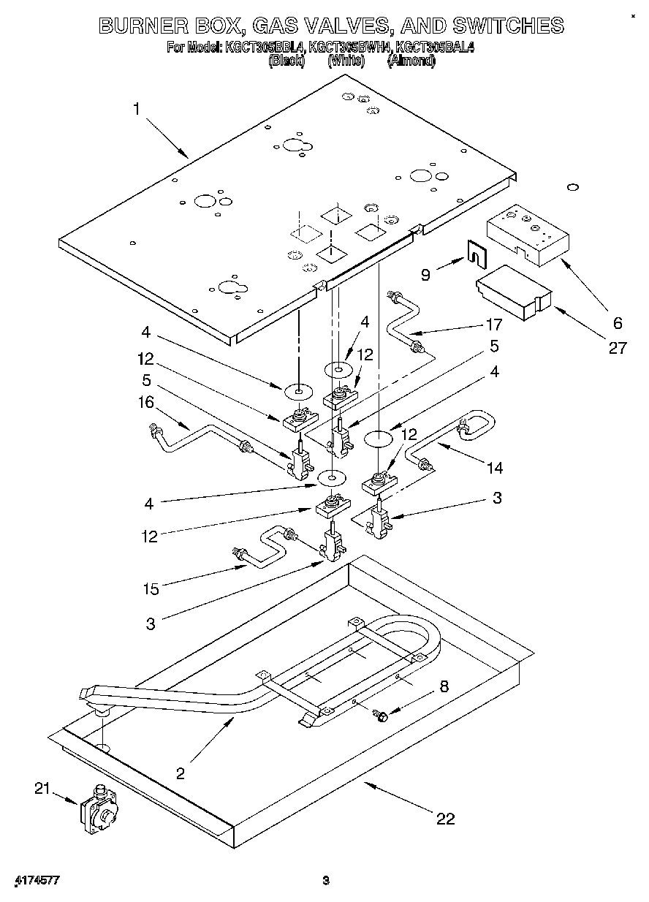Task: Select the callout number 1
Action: click(136, 109)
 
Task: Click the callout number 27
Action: click(618, 348)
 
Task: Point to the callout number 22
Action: click(445, 819)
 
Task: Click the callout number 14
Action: click(495, 467)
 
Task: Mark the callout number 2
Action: click(180, 772)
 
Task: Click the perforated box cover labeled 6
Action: click(526, 232)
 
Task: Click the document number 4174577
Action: click(37, 879)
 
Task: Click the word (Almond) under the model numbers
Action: click(411, 61)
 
